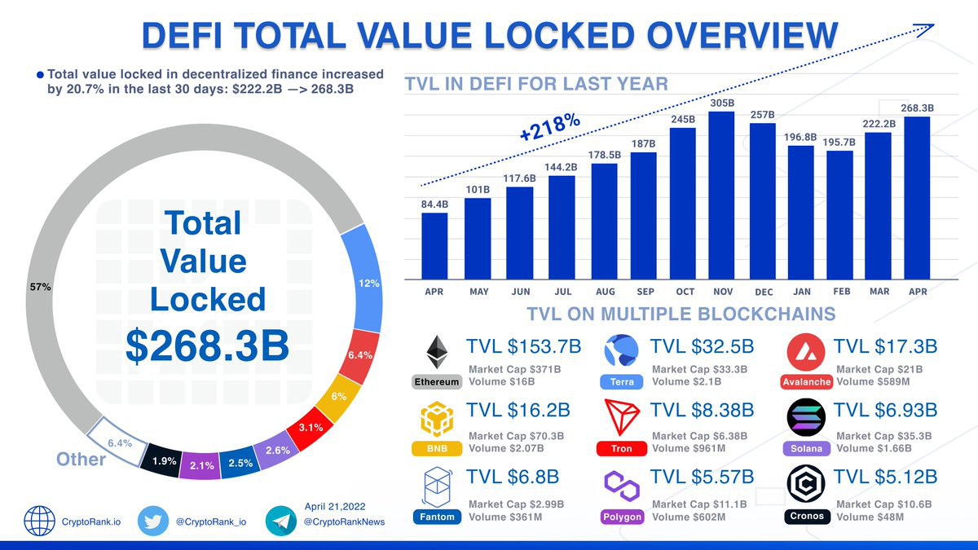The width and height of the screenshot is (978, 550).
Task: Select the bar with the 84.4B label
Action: [x=434, y=244]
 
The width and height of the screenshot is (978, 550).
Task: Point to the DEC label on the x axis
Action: [x=764, y=292]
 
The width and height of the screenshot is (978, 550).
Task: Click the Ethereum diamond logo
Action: [x=438, y=352]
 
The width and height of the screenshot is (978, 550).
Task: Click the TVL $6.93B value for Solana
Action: [x=886, y=410]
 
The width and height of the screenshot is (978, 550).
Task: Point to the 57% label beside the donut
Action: [x=40, y=287]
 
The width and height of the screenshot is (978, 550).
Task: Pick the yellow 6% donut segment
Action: [x=337, y=397]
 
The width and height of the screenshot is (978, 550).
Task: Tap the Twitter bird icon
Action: [x=152, y=521]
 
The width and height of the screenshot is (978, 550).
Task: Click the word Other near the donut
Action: [x=81, y=460]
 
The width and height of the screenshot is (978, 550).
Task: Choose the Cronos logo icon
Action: [x=807, y=485]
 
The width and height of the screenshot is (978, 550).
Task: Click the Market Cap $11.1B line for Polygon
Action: [x=699, y=504]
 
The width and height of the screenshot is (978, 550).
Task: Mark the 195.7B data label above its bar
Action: [x=839, y=142]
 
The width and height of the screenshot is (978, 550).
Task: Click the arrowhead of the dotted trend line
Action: [x=927, y=29]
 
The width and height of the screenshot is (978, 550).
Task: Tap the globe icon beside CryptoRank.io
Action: [x=39, y=521]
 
